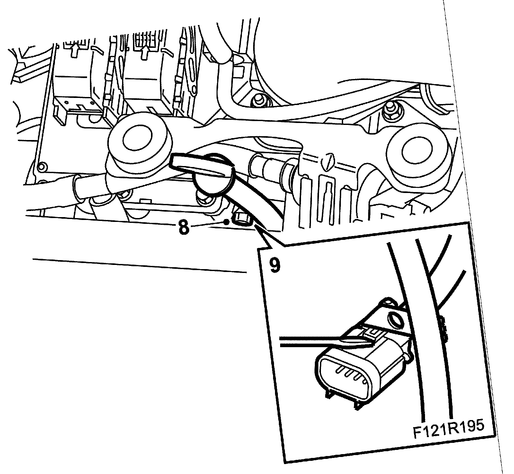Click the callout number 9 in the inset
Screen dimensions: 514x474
[x=275, y=265]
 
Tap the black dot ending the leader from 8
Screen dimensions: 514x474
[x=227, y=222]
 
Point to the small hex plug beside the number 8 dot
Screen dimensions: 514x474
[x=242, y=220]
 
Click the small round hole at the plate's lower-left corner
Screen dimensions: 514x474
[x=40, y=166]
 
